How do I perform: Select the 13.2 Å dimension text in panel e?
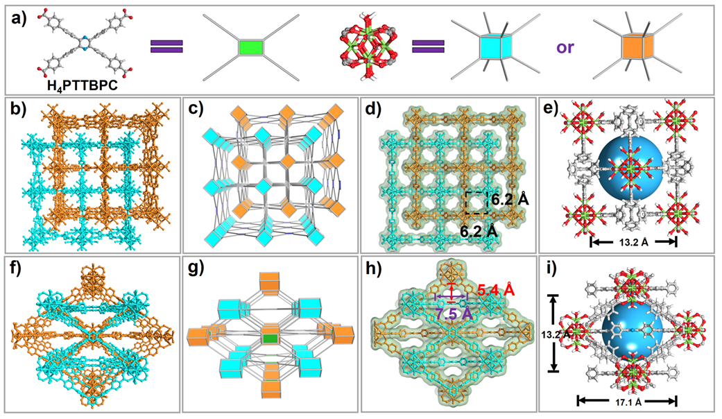tap(632, 241)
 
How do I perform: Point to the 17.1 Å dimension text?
tap(627, 400)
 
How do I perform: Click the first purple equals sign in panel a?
tap(167, 46)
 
